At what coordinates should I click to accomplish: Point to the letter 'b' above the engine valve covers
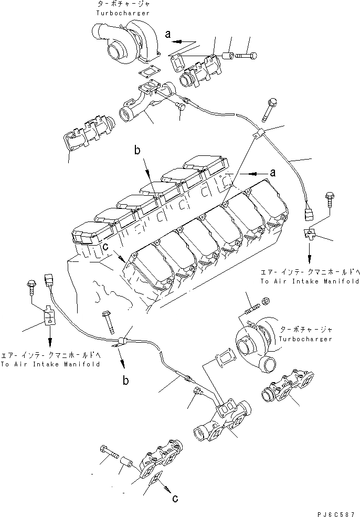point(137,151)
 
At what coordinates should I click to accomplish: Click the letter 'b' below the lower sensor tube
point(126,381)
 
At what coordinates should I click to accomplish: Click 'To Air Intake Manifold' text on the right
point(310,281)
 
